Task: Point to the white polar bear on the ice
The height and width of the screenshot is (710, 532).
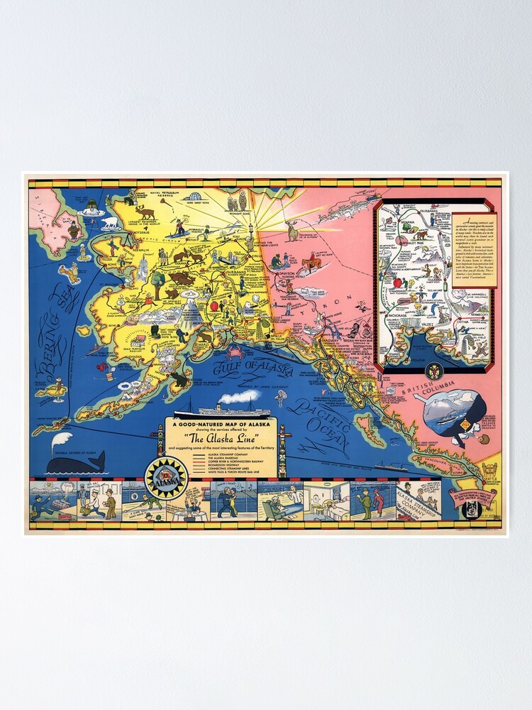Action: pyautogui.click(x=110, y=222)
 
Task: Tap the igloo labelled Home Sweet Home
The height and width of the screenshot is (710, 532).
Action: pyautogui.click(x=192, y=197)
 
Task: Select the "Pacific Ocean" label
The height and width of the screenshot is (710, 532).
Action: pyautogui.click(x=323, y=424)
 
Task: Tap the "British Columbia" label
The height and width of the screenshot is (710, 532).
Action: pyautogui.click(x=431, y=378)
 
